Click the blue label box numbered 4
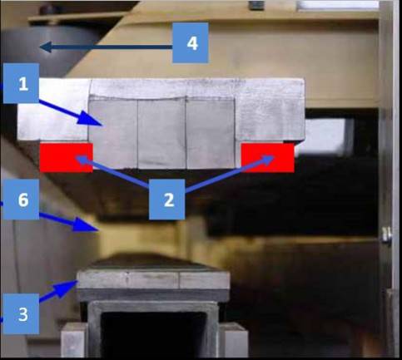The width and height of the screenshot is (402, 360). pos(191,42)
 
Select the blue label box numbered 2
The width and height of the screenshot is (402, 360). pos(166,200)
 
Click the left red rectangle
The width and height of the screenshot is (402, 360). pos(67,158)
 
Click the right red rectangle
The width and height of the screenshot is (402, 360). pos(268,158)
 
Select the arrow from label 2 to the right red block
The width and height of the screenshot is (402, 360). pos(230,174)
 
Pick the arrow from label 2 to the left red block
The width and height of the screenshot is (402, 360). pos(112,171)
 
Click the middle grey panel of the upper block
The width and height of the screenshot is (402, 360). pos(161,134)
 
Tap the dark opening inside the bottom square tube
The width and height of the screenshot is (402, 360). pos(153,335)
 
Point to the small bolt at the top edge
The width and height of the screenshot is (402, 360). pos(256,6)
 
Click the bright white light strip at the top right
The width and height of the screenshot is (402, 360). pos(338,5)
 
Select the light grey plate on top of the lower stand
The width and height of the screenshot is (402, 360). pos(153,279)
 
